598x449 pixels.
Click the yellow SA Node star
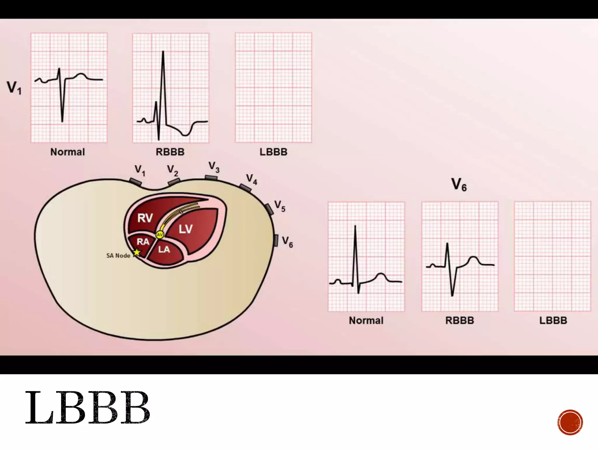[x=137, y=252]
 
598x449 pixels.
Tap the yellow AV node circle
[x=160, y=234]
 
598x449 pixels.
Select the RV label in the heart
[x=145, y=218]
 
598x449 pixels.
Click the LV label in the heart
[x=185, y=229]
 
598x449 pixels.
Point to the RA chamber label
[x=143, y=242]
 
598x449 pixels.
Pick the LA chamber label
[x=164, y=249]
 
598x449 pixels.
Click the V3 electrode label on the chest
[x=214, y=167]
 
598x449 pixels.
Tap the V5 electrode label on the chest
[x=280, y=206]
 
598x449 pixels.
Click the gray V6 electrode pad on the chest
[x=276, y=240]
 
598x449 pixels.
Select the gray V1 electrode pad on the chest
[x=136, y=182]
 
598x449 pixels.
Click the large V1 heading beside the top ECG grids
[x=14, y=87]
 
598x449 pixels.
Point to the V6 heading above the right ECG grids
[x=459, y=185]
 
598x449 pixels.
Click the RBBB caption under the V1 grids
[x=170, y=152]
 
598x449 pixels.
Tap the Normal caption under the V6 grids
[x=366, y=320]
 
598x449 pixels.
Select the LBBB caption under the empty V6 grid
[x=553, y=320]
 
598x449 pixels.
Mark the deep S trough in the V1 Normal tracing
[x=62, y=120]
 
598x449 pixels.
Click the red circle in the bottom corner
[x=570, y=422]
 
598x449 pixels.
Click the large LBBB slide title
[x=88, y=408]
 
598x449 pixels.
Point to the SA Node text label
[x=118, y=256]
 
